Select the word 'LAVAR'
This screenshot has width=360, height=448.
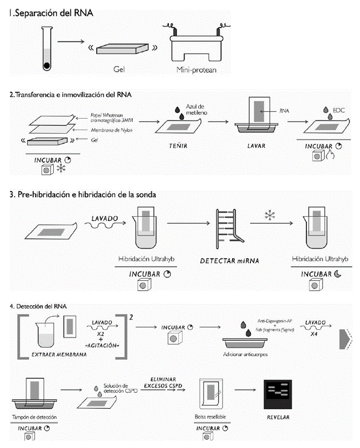pyautogui.click(x=256, y=146)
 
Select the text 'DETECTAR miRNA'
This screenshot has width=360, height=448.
pyautogui.click(x=229, y=261)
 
